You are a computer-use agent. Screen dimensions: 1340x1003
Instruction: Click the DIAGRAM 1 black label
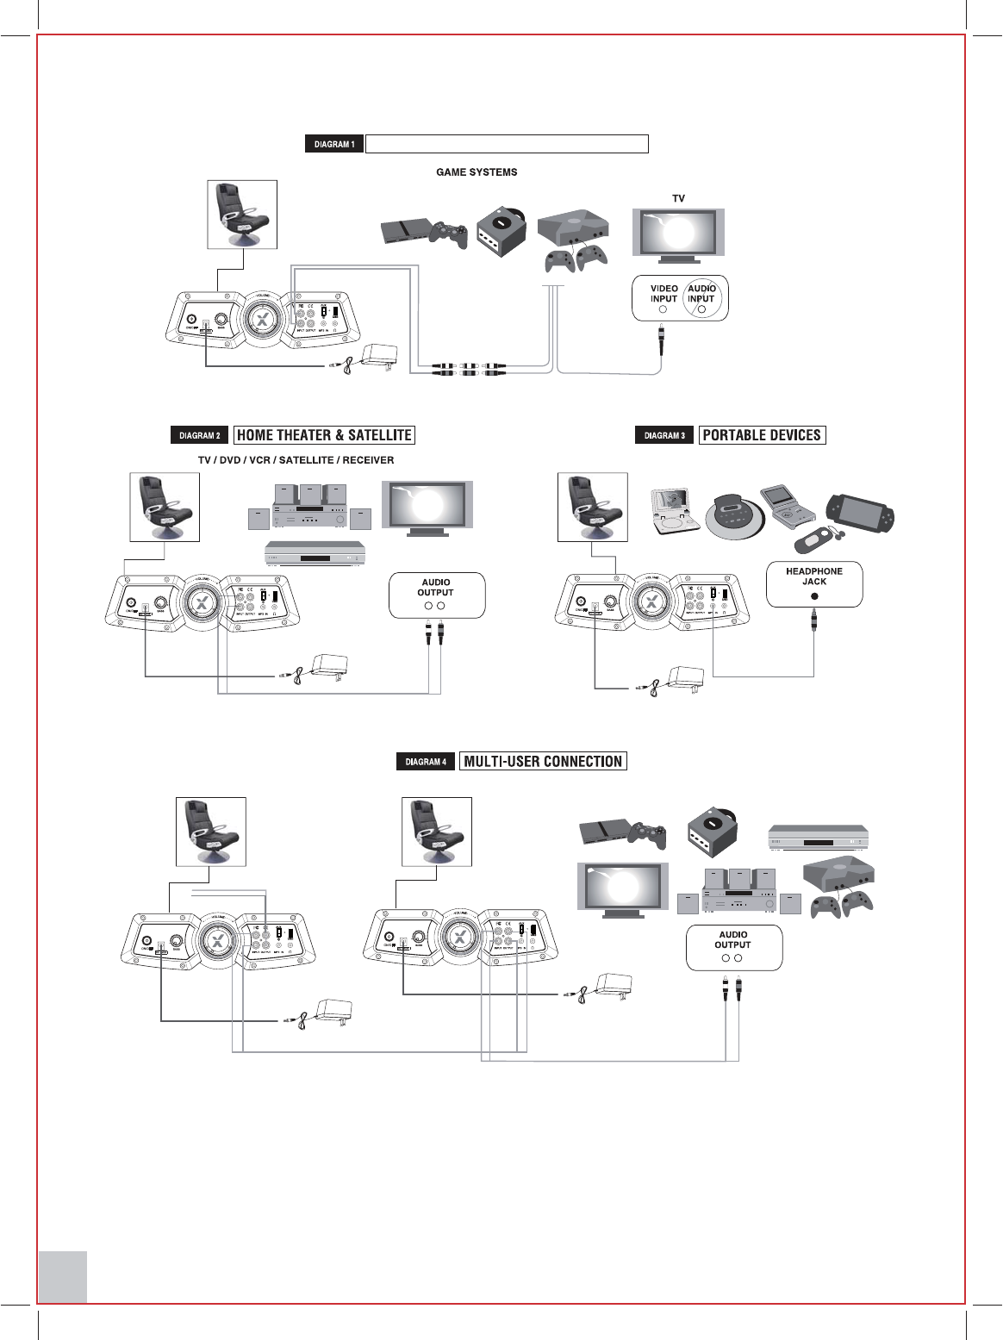click(x=334, y=144)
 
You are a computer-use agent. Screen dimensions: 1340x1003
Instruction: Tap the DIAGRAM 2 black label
click(x=199, y=435)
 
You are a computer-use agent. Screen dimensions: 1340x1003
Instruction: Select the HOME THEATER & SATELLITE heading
click(x=324, y=435)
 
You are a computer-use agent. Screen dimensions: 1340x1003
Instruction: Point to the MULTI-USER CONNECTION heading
click(x=543, y=761)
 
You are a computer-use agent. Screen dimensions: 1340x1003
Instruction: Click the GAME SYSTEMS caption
click(x=477, y=172)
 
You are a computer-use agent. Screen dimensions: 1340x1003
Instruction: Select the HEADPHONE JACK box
click(x=814, y=583)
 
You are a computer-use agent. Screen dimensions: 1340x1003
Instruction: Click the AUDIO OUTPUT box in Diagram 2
click(x=436, y=595)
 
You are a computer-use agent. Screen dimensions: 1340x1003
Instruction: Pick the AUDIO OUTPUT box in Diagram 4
click(x=733, y=946)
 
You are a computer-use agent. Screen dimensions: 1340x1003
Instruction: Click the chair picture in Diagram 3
click(x=592, y=507)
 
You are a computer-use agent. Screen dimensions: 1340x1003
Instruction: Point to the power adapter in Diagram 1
click(x=380, y=355)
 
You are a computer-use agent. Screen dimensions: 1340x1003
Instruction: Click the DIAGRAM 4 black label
click(x=426, y=762)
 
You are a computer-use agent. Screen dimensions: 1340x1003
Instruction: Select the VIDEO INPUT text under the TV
click(x=663, y=294)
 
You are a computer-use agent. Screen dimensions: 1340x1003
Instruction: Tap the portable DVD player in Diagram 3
click(x=675, y=511)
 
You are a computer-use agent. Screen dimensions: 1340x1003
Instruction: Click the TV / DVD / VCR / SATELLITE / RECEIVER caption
click(x=296, y=460)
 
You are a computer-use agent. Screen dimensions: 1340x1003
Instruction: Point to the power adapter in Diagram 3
click(x=687, y=678)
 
